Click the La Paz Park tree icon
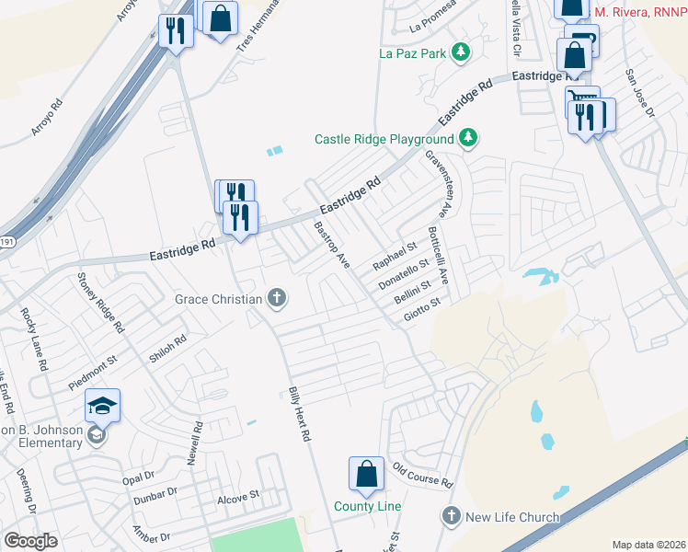[461, 53]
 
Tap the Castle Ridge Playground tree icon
[469, 139]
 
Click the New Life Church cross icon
[451, 516]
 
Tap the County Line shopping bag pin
[366, 474]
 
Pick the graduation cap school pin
[103, 405]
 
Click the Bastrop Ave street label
[332, 245]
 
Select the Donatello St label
[405, 275]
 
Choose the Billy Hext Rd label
[296, 415]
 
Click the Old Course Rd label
[422, 476]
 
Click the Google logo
[30, 541]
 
